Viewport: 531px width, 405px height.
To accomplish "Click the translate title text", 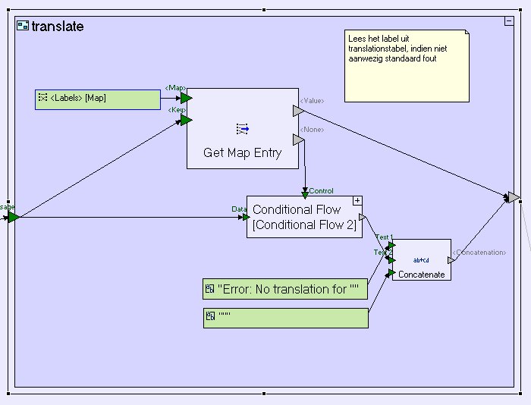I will pos(58,27).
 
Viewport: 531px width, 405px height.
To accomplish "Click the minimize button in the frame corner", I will pos(509,21).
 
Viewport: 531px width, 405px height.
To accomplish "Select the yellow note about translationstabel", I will pos(406,65).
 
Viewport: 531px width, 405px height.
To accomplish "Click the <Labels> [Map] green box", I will pos(98,99).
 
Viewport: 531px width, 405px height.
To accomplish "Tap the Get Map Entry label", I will pos(242,152).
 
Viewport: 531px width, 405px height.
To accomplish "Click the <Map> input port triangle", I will pos(186,97).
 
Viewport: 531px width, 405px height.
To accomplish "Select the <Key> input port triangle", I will pos(186,119).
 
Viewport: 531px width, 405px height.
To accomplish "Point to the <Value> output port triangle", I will pos(298,111).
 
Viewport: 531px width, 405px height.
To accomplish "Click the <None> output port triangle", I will pos(298,140).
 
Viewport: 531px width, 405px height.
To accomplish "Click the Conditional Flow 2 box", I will pos(304,217).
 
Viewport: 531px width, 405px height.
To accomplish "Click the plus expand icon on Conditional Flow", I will pos(357,200).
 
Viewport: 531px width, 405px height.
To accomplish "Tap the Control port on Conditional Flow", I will pos(305,195).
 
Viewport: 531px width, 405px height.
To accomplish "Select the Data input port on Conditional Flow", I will pos(245,217).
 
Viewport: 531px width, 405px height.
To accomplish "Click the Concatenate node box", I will pos(421,260).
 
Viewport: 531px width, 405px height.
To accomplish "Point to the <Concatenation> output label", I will pos(479,252).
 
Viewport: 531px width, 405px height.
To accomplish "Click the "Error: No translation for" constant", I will pos(285,289).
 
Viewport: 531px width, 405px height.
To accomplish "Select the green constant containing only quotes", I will pos(285,318).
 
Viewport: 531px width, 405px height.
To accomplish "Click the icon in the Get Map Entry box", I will pos(243,129).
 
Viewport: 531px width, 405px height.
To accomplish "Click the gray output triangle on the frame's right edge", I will pos(514,197).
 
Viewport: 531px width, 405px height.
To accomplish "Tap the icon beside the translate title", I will pos(23,27).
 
